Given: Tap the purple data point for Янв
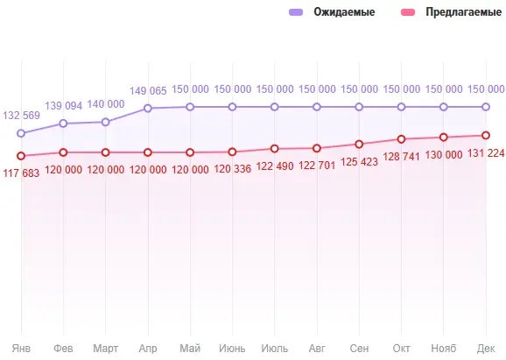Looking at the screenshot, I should tap(21, 133).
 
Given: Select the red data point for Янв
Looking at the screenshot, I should tap(21, 156).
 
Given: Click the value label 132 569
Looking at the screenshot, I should tap(24, 116).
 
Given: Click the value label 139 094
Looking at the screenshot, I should tap(67, 105).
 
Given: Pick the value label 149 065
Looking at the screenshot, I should tap(148, 90).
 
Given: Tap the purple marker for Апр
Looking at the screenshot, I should tap(148, 109).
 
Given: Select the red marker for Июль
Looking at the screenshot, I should tap(275, 149).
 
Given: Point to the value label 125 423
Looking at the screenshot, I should tap(359, 162).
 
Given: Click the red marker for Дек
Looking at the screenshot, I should tap(485, 135).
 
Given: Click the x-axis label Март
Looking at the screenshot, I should tap(105, 347).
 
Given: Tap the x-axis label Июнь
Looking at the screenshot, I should tap(232, 347).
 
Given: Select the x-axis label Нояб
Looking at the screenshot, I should tap(443, 347).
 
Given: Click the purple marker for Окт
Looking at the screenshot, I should tap(401, 107).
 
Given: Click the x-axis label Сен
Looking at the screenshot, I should tap(359, 347).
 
